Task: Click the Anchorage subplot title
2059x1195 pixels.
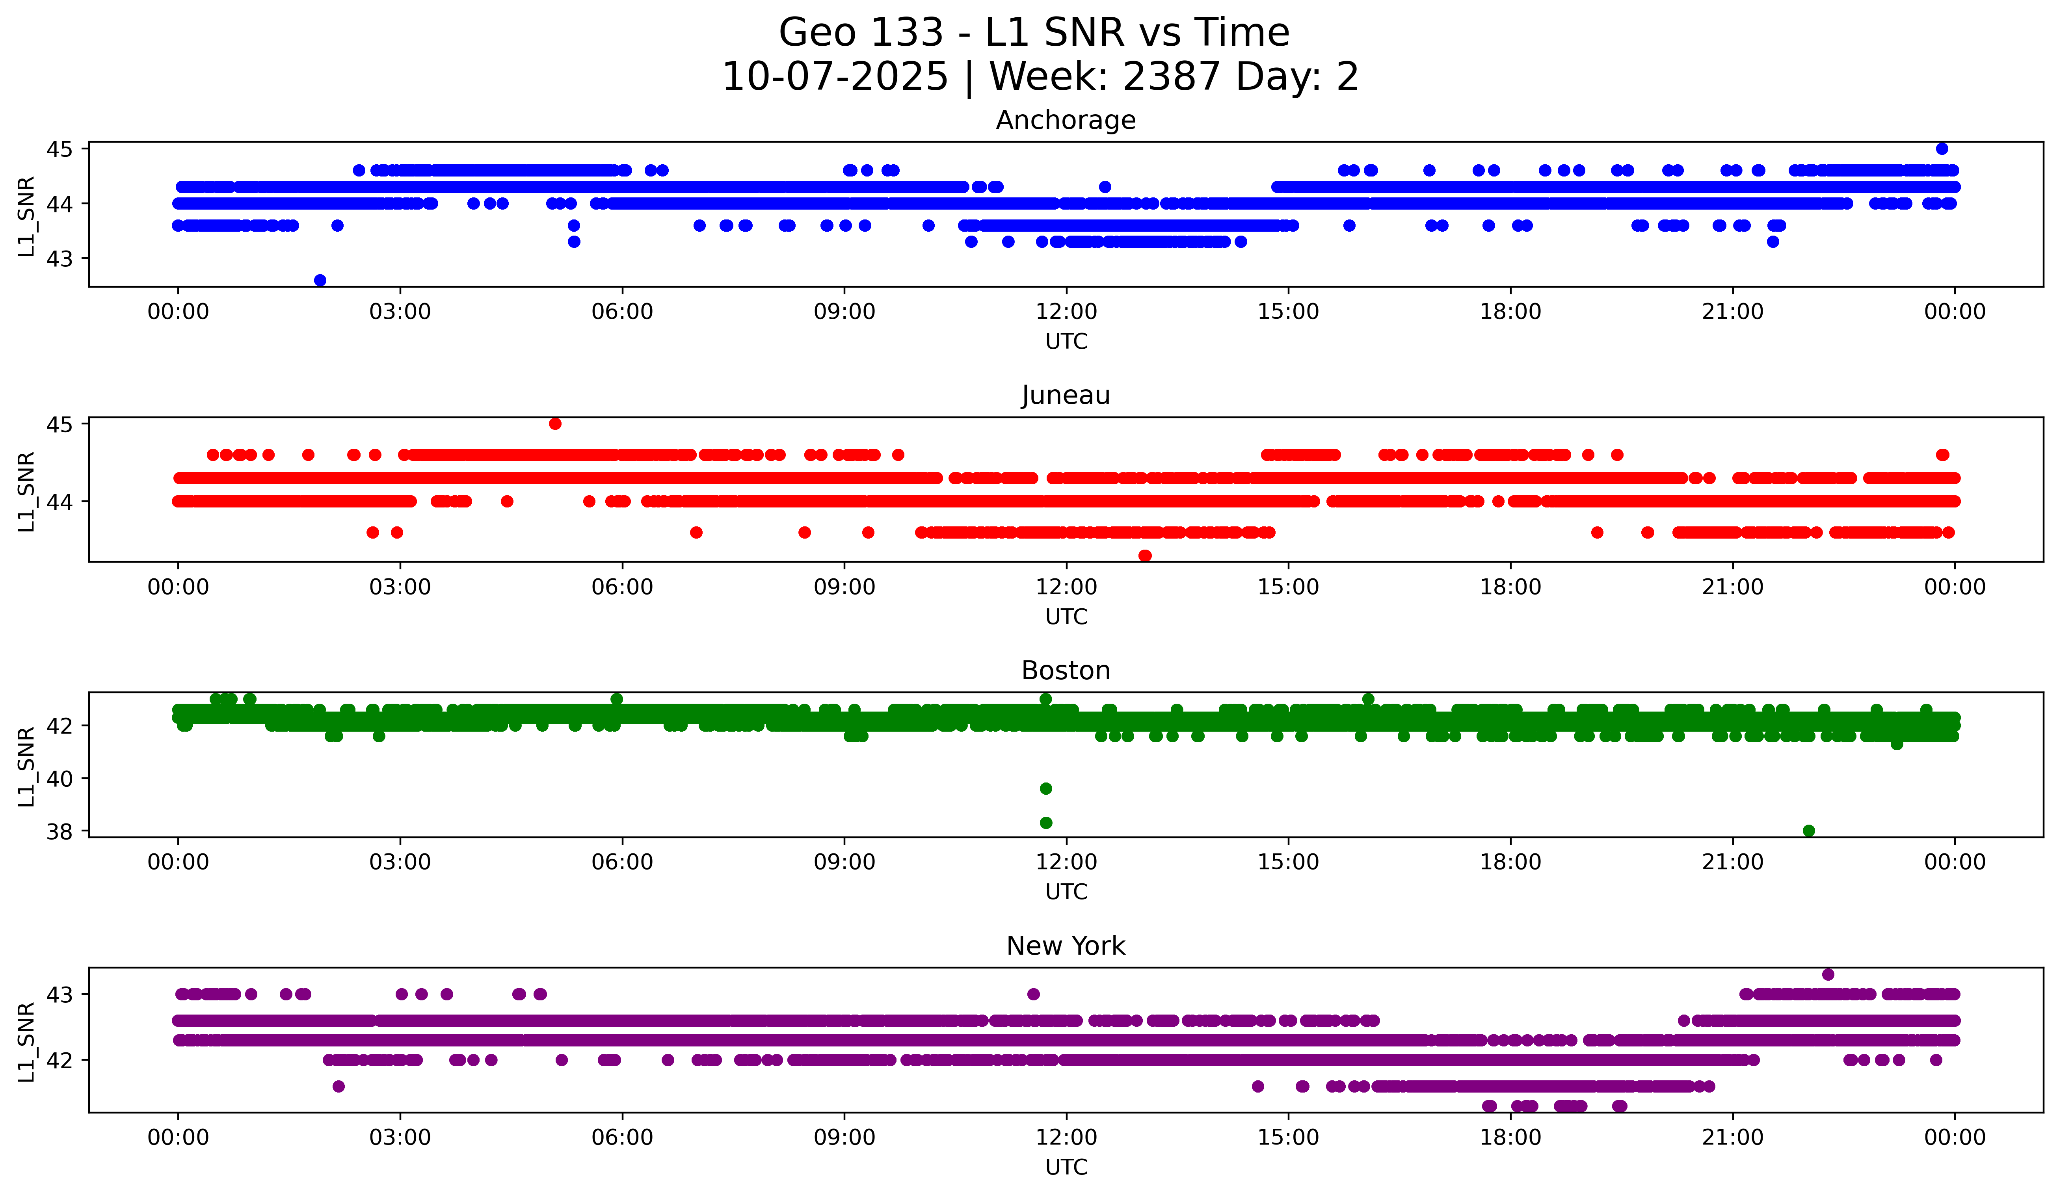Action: (x=1066, y=120)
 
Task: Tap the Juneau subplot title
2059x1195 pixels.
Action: (x=1066, y=395)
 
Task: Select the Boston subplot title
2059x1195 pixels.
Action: (x=1066, y=671)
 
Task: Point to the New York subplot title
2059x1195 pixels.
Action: (x=1066, y=946)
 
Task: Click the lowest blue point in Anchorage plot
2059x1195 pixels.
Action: (x=320, y=280)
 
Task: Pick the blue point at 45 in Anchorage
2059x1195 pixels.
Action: (x=1942, y=149)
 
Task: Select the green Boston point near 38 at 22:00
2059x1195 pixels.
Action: (x=1809, y=831)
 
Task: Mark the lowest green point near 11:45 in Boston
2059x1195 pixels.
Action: (x=1046, y=823)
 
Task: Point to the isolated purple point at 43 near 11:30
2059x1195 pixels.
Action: (x=1034, y=994)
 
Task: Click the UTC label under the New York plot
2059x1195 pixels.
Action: (x=1066, y=1167)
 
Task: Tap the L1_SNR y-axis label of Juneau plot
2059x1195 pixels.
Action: (x=27, y=492)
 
